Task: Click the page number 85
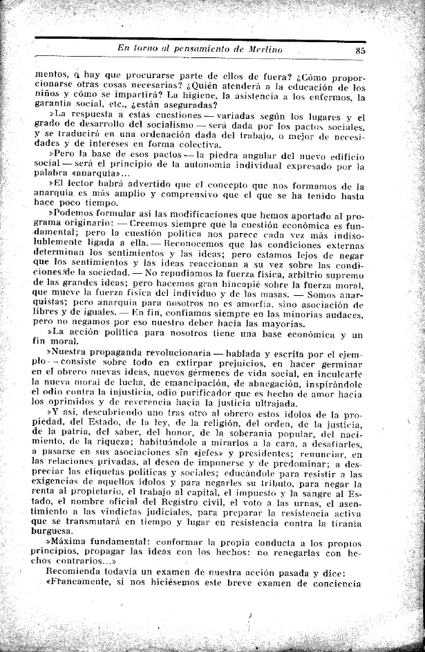tap(360, 49)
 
